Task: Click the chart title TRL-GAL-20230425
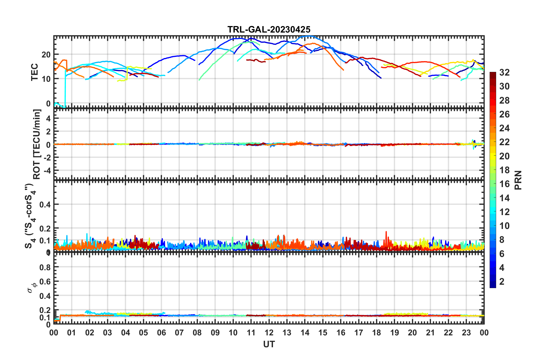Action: [x=269, y=29]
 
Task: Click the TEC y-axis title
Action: [x=35, y=72]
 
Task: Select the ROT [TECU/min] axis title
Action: [x=37, y=144]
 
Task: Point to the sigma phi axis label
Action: [x=32, y=288]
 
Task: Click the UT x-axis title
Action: [x=269, y=344]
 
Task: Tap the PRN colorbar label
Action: [x=518, y=180]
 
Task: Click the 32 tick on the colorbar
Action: [x=504, y=72]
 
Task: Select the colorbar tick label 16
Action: [x=504, y=184]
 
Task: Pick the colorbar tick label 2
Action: [x=502, y=281]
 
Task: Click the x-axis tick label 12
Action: [x=269, y=333]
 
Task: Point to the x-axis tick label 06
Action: [x=161, y=333]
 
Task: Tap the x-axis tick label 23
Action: [x=466, y=333]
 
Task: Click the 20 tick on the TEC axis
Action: [x=46, y=55]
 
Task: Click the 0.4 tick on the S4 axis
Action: [x=45, y=204]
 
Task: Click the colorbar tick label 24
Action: [x=504, y=128]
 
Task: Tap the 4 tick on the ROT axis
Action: [x=48, y=119]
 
